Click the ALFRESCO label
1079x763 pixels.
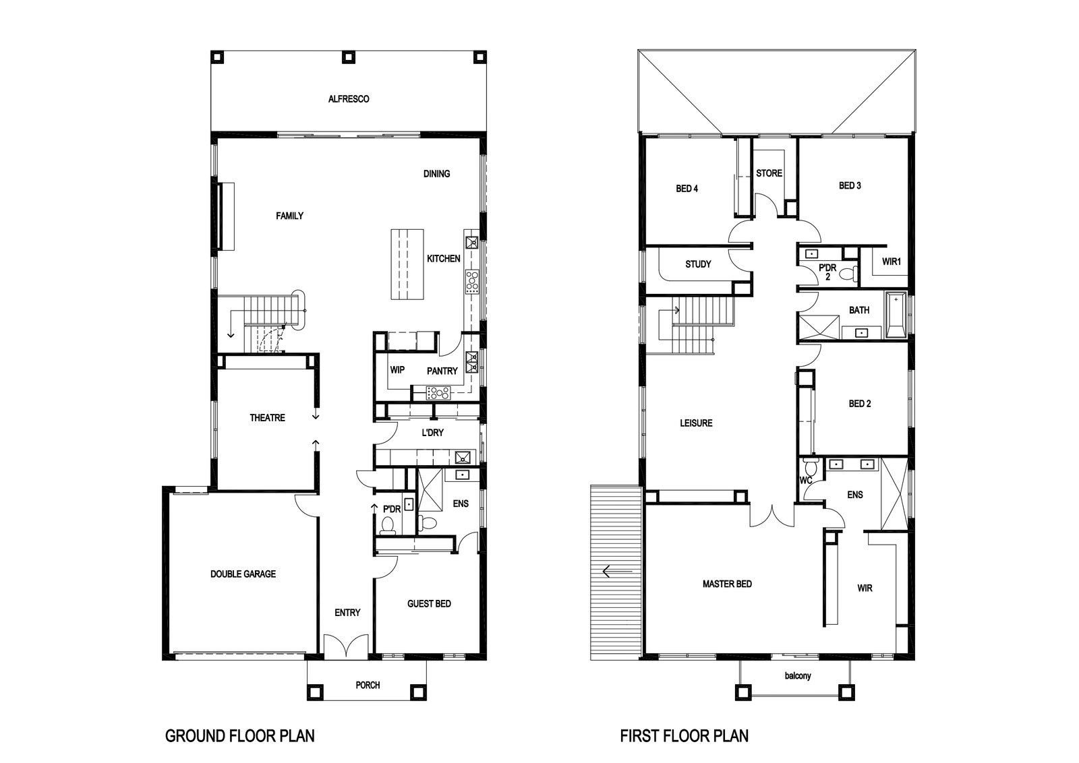tap(349, 99)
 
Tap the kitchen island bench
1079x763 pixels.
tap(407, 264)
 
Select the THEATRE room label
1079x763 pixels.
tap(267, 418)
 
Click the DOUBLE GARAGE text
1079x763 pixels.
tap(243, 574)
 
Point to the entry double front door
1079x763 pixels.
tap(347, 646)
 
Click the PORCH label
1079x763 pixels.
tap(368, 685)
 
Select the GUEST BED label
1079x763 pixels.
tap(429, 604)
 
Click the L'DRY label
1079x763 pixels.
tap(432, 433)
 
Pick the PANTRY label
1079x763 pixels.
tap(442, 371)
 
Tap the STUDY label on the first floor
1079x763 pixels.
tap(698, 264)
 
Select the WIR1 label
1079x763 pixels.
tap(891, 262)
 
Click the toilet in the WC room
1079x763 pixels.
tap(811, 466)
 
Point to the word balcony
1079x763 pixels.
tap(798, 676)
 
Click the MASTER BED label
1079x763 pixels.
tap(727, 584)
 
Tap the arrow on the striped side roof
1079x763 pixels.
tap(617, 572)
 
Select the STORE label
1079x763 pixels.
tap(769, 173)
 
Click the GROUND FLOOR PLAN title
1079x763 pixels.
tap(240, 735)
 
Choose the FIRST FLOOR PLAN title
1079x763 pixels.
tap(684, 735)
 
